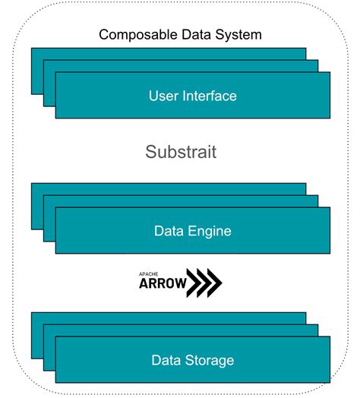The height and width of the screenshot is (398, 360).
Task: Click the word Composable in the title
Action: tap(136, 35)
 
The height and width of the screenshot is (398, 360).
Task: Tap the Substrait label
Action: tap(181, 152)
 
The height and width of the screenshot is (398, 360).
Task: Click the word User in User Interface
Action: tap(163, 96)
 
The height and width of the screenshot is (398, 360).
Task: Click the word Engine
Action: tap(204, 230)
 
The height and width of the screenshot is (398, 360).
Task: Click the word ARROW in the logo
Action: tap(160, 284)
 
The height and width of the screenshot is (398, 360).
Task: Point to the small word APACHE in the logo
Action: tap(147, 273)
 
